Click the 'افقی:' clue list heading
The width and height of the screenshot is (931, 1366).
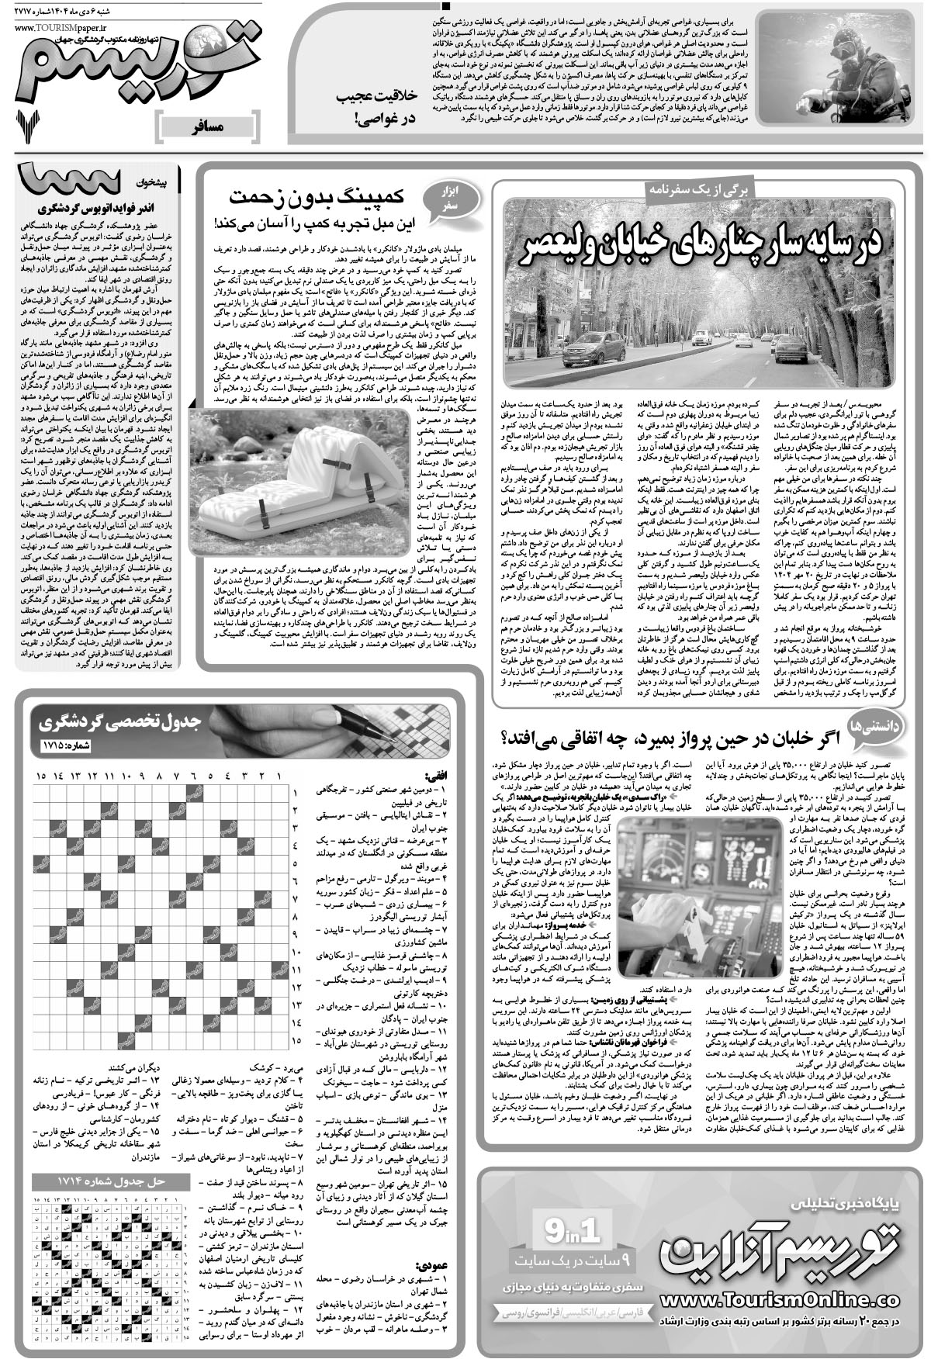pos(434,774)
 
